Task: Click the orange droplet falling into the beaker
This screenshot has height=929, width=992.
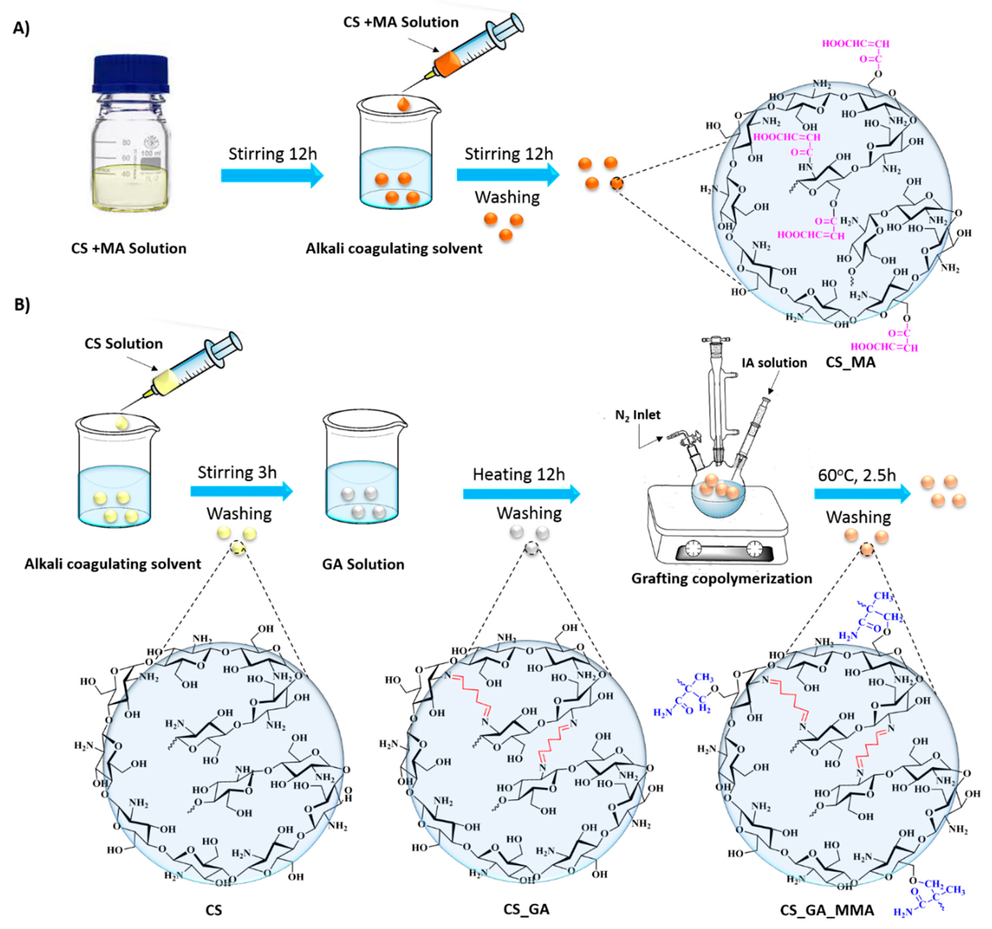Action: point(403,104)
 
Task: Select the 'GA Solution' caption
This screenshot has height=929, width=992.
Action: point(363,564)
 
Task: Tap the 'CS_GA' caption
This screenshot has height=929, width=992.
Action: point(527,909)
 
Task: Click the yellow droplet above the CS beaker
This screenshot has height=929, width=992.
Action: point(122,424)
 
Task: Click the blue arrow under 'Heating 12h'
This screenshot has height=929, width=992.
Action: point(521,494)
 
